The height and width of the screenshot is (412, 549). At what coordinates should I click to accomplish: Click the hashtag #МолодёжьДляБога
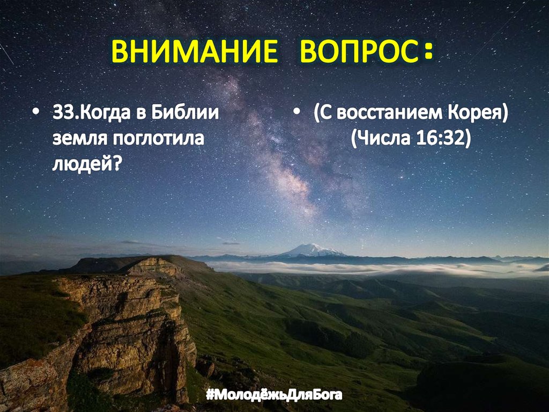(x=274, y=397)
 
